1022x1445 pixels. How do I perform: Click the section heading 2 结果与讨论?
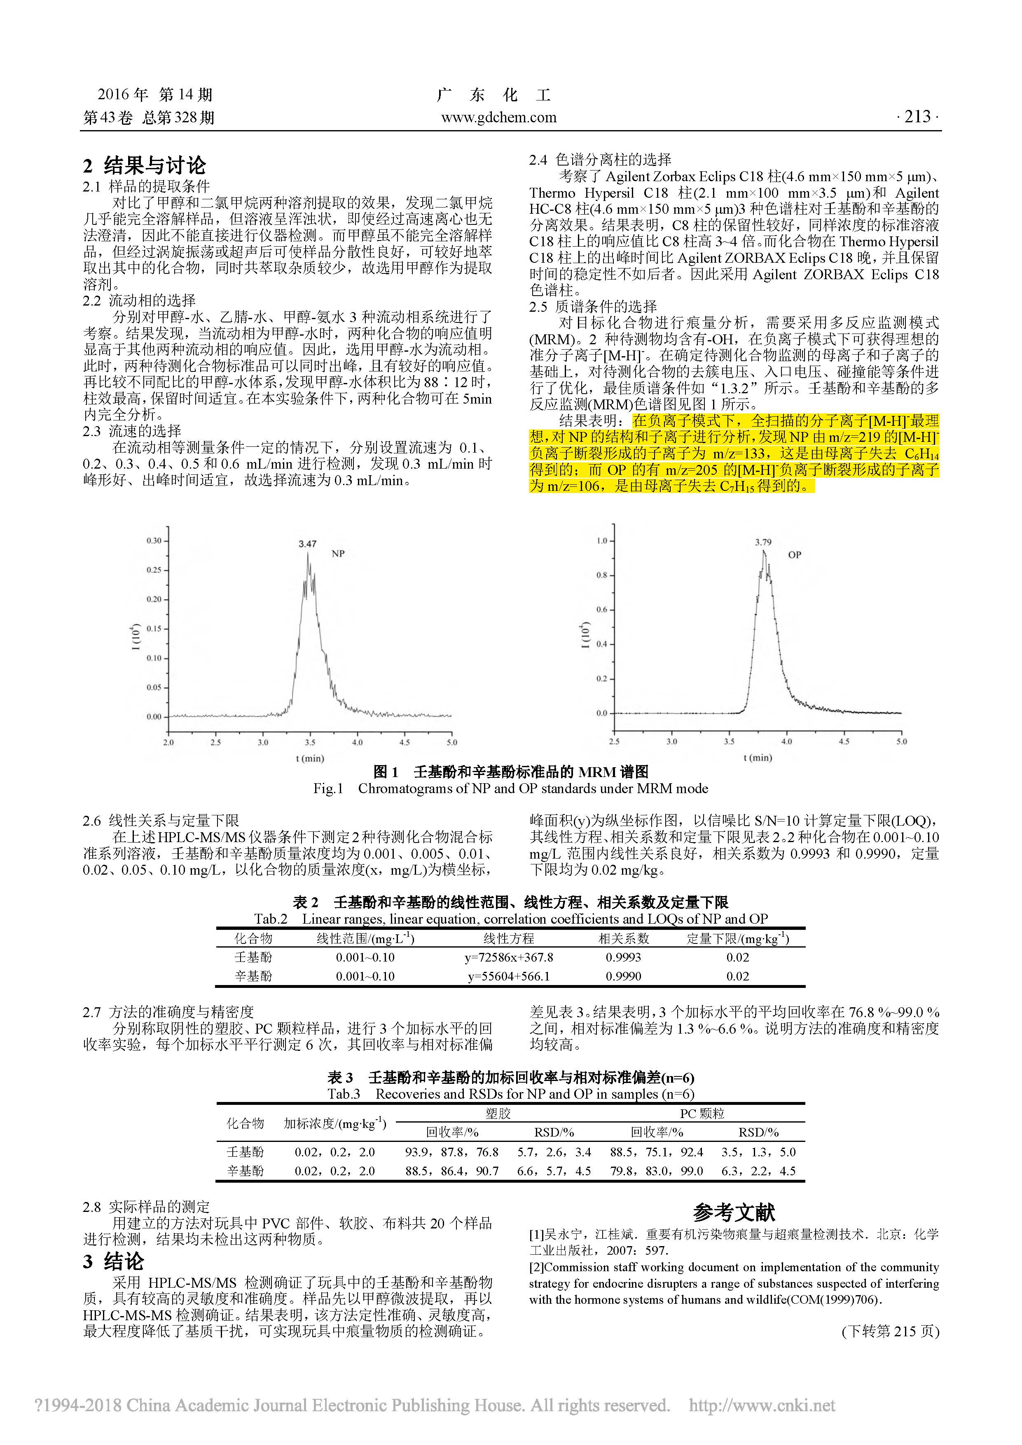coord(145,166)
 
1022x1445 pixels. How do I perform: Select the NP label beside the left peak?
coord(338,554)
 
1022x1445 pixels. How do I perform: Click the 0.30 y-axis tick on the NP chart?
coord(154,541)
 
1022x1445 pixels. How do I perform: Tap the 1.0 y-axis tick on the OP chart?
coord(601,541)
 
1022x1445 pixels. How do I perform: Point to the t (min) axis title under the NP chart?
coord(310,759)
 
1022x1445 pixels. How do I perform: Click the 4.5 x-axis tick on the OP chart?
coord(844,741)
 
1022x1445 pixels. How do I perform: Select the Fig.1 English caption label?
coord(328,789)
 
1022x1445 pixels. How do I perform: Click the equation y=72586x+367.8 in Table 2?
coord(509,957)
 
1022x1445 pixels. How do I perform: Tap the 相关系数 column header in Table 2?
coord(623,938)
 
